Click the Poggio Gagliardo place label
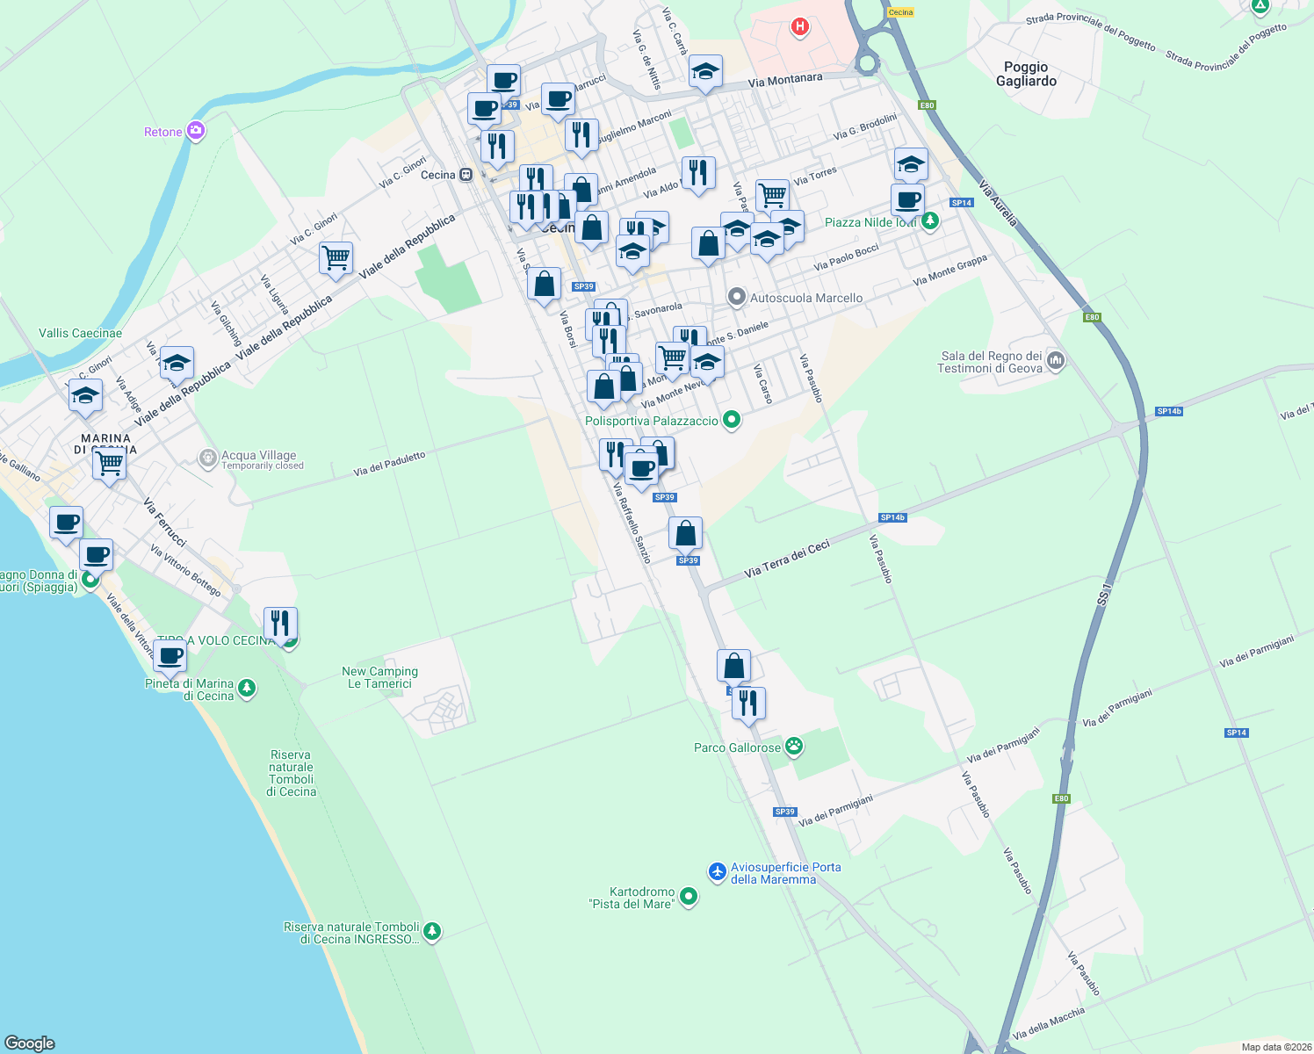1026,74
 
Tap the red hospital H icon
799,27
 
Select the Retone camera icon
196,132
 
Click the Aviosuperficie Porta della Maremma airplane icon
718,871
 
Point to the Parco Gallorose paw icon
794,747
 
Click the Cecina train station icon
466,175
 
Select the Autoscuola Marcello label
805,298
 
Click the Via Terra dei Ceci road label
786,559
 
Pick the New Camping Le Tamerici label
379,677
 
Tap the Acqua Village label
259,456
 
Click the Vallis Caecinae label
81,333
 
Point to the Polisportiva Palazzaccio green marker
731,421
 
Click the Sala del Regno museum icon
1056,360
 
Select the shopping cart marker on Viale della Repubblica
336,258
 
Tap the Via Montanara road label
785,81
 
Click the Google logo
29,1043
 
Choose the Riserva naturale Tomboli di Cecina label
292,773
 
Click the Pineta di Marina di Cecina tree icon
247,688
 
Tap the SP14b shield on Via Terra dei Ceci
892,517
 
